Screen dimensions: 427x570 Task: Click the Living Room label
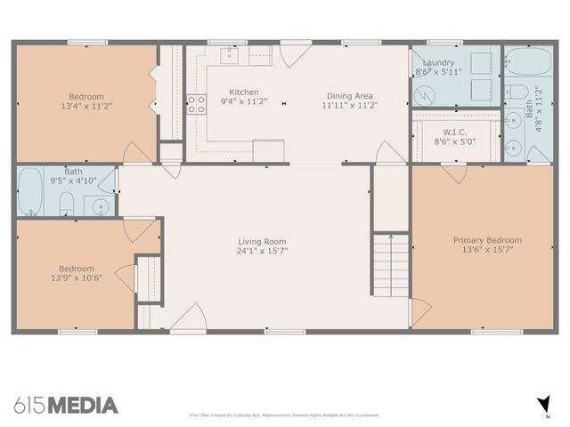(x=262, y=241)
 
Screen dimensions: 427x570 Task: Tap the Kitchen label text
(x=244, y=93)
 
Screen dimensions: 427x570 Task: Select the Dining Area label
(x=350, y=95)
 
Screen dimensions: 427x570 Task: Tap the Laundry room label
(x=438, y=62)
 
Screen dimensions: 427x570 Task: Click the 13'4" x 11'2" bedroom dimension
(x=86, y=106)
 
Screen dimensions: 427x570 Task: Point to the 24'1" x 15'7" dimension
(x=262, y=251)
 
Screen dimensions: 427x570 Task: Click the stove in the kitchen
(x=196, y=103)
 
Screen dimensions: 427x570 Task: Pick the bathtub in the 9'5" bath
(x=29, y=191)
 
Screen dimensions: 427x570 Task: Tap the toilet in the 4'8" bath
(x=516, y=91)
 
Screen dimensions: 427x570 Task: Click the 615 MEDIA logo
(x=66, y=406)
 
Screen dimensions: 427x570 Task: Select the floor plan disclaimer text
(x=285, y=415)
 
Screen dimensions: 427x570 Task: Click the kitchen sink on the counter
(x=229, y=56)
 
